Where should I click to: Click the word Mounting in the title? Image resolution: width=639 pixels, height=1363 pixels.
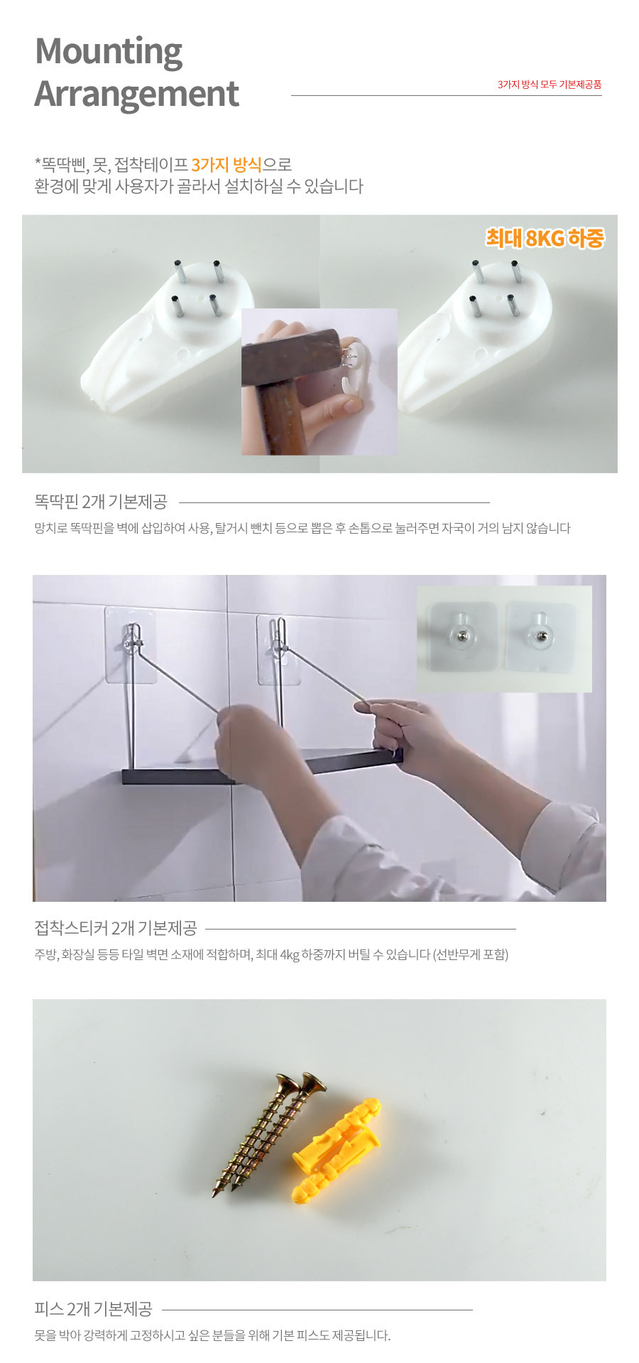[109, 52]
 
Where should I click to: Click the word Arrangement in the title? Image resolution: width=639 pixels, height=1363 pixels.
[136, 94]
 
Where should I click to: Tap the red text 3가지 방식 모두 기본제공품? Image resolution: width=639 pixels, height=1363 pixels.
[549, 85]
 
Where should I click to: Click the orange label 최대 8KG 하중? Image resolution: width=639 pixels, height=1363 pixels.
[545, 238]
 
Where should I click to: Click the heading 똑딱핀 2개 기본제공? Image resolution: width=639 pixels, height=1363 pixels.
[101, 502]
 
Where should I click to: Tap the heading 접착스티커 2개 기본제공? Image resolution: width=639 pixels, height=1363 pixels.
[116, 928]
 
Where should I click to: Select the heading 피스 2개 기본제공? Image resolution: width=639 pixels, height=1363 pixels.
[93, 1309]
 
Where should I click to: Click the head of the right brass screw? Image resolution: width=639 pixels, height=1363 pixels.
[313, 1083]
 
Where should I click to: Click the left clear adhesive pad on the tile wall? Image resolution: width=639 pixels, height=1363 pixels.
[131, 644]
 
